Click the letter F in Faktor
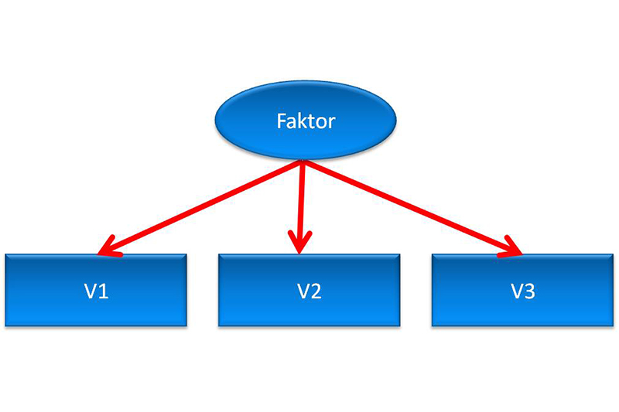[x=281, y=121]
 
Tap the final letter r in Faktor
[x=330, y=123]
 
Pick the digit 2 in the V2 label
[x=316, y=292]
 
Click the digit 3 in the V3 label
[x=529, y=292]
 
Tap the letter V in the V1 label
[x=90, y=292]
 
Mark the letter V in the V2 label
[x=303, y=292]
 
